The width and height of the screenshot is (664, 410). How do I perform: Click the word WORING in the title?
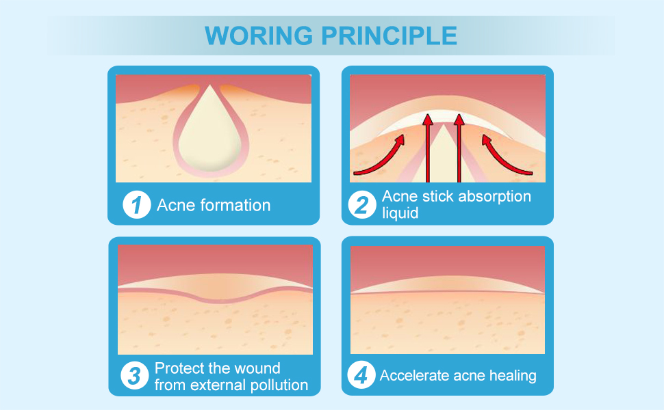(259, 36)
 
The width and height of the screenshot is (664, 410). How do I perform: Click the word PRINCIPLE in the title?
(390, 36)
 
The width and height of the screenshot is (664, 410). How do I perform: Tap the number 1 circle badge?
(137, 205)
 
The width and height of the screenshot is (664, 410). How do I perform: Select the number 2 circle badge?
(362, 205)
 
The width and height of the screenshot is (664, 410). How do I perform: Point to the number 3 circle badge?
(134, 375)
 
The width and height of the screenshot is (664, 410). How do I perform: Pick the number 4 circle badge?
(361, 375)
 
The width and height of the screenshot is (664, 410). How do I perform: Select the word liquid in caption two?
(400, 213)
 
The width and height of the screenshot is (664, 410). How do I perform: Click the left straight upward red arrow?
(428, 148)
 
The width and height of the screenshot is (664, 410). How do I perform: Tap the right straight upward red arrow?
(459, 148)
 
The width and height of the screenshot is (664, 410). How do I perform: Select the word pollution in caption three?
(279, 385)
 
